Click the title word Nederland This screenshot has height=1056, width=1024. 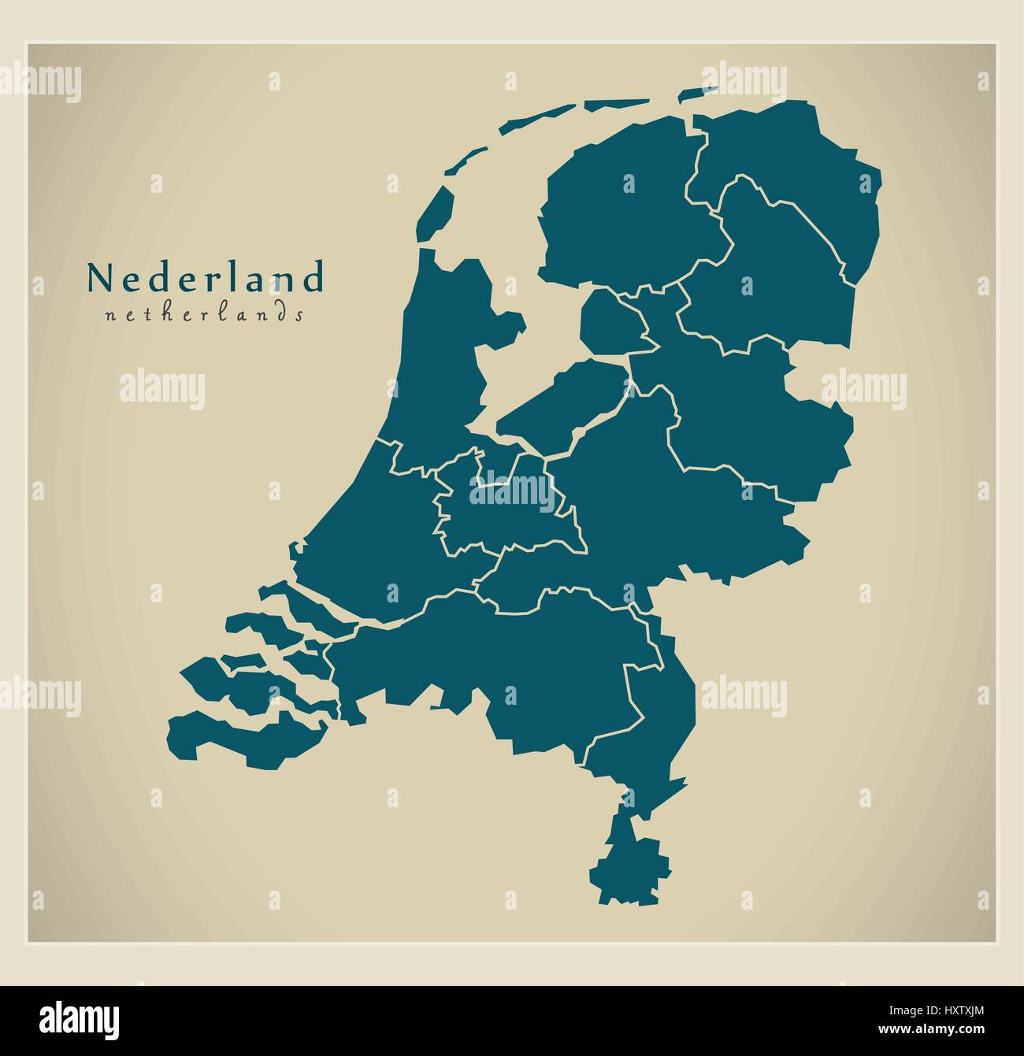click(205, 277)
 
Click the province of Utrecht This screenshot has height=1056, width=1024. click(504, 512)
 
